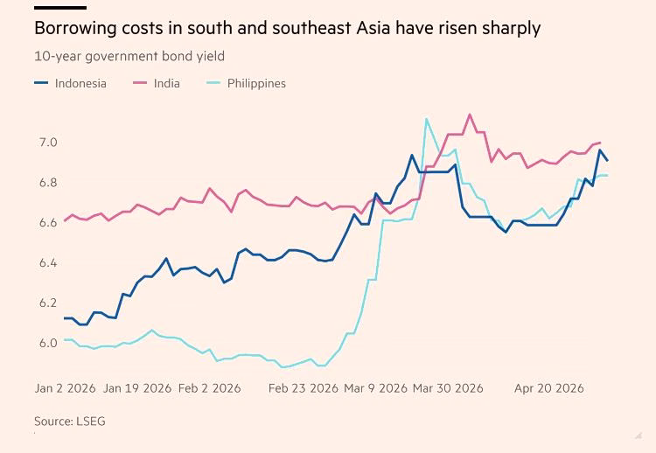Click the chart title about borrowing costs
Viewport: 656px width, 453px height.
tap(287, 28)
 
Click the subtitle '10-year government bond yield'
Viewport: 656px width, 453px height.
tap(129, 56)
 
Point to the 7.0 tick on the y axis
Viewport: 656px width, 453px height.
tap(47, 142)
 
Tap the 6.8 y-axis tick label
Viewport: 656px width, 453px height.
tap(47, 182)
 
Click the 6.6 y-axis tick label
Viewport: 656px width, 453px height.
tap(47, 222)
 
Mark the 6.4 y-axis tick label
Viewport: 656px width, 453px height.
tap(47, 262)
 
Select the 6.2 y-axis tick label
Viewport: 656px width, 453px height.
tap(47, 303)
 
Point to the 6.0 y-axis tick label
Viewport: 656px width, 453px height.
tap(47, 343)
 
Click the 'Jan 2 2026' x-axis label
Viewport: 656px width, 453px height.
tap(65, 387)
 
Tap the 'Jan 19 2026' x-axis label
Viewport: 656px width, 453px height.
tap(137, 387)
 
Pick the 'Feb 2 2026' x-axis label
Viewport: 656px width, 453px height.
tap(209, 387)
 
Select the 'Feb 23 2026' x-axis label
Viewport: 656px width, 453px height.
tap(303, 387)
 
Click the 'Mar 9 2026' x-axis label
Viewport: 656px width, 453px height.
tap(375, 387)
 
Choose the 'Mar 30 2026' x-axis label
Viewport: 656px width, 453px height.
tap(448, 387)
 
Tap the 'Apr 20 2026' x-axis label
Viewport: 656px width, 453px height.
tap(548, 387)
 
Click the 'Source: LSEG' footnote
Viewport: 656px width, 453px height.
tap(70, 421)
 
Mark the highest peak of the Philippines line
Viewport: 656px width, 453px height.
tap(426, 119)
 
